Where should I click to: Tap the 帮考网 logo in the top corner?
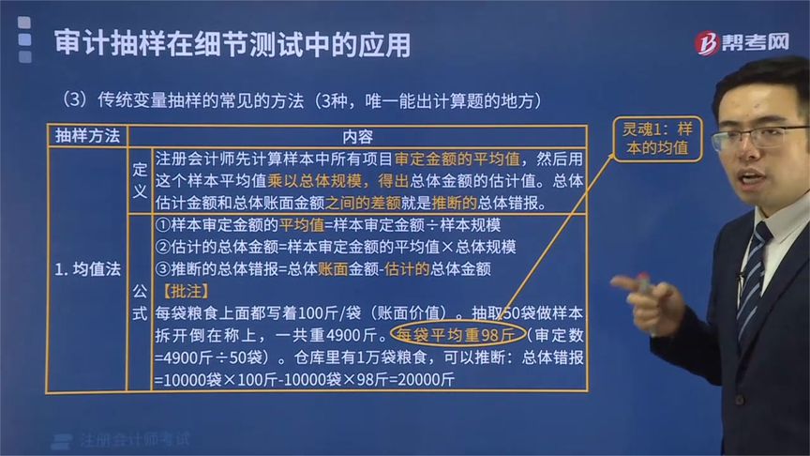click(x=741, y=43)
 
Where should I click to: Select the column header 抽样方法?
click(x=87, y=135)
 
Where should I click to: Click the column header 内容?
click(x=356, y=135)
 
